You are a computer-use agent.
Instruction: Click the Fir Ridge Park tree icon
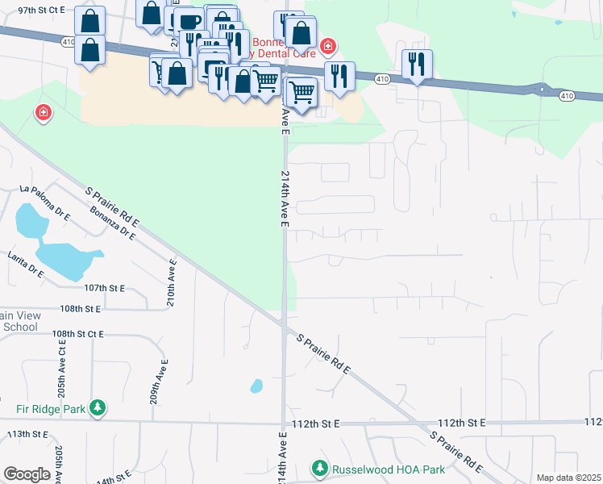(98, 408)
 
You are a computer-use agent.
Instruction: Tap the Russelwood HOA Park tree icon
(320, 469)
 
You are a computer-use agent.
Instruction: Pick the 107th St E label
(106, 288)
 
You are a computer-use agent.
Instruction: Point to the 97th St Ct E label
(40, 10)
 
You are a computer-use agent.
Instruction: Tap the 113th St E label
(30, 434)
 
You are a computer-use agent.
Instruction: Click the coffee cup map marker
(189, 23)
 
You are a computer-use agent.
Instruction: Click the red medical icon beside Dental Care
(327, 46)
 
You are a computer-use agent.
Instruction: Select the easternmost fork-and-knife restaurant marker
(417, 65)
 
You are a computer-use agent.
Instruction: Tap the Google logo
(27, 474)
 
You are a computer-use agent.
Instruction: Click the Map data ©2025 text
(568, 478)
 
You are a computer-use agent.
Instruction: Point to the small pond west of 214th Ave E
(256, 386)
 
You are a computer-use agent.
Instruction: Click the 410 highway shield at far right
(568, 96)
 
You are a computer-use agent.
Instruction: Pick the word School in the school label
(20, 327)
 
